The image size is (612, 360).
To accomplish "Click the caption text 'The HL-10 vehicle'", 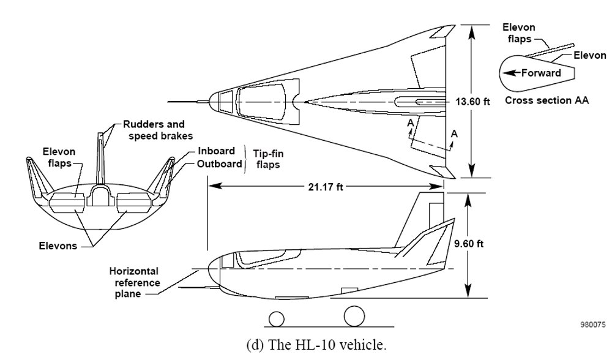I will (306, 344).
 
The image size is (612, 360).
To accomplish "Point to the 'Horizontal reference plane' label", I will (135, 282).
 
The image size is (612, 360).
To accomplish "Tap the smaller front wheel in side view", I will (277, 318).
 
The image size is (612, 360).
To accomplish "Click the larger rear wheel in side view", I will (354, 317).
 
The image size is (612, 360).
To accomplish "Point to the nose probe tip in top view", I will (166, 101).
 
